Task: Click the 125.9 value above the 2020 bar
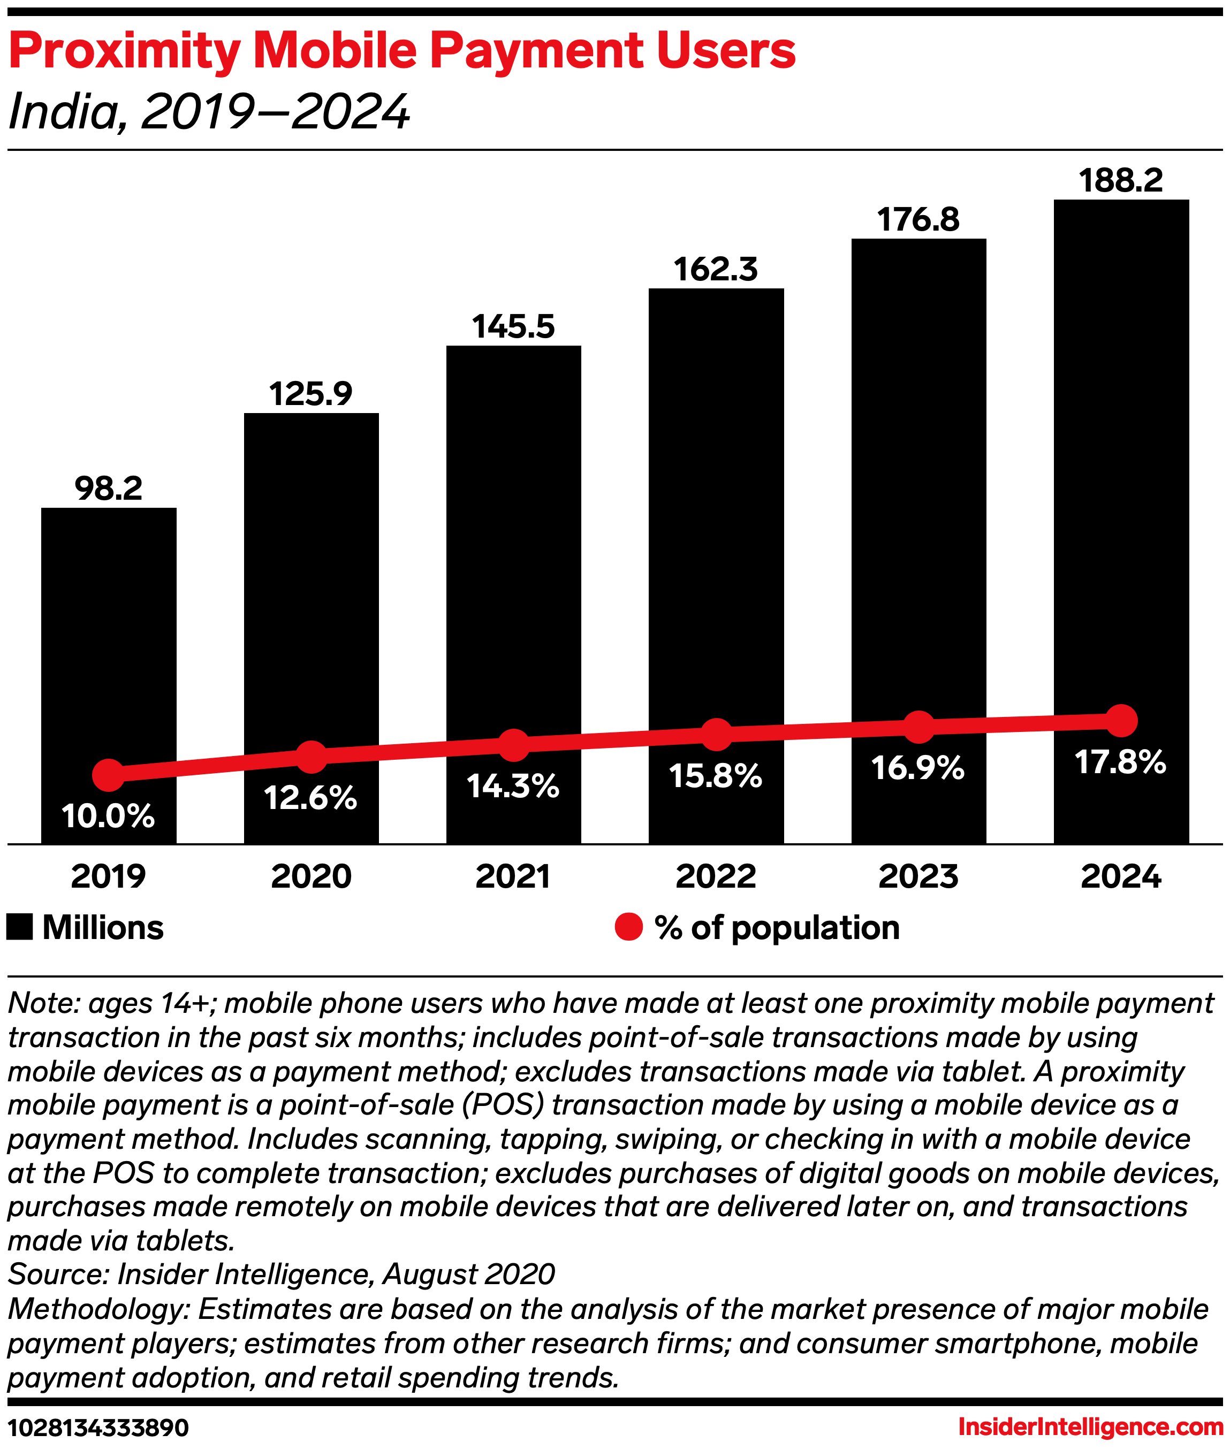pos(311,394)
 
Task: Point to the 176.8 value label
pos(918,219)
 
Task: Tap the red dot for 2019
pos(109,775)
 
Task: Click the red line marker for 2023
pos(918,727)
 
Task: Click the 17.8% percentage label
pos(1120,762)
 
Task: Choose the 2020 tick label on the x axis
pos(311,876)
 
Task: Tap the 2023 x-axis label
pos(918,876)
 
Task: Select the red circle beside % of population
pos(628,927)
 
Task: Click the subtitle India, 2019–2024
pos(209,111)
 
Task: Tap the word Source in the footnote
pos(57,1275)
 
